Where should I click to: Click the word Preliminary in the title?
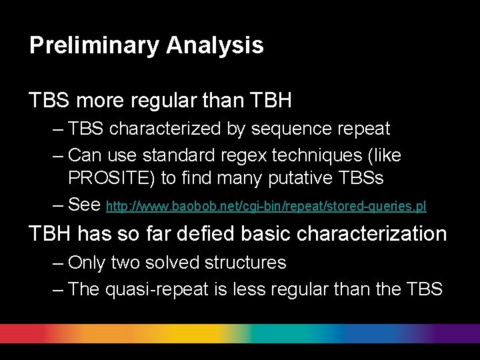pyautogui.click(x=94, y=45)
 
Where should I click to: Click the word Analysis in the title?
pyautogui.click(x=215, y=45)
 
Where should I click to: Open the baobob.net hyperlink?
pyautogui.click(x=266, y=207)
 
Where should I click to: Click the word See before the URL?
pyautogui.click(x=84, y=205)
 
